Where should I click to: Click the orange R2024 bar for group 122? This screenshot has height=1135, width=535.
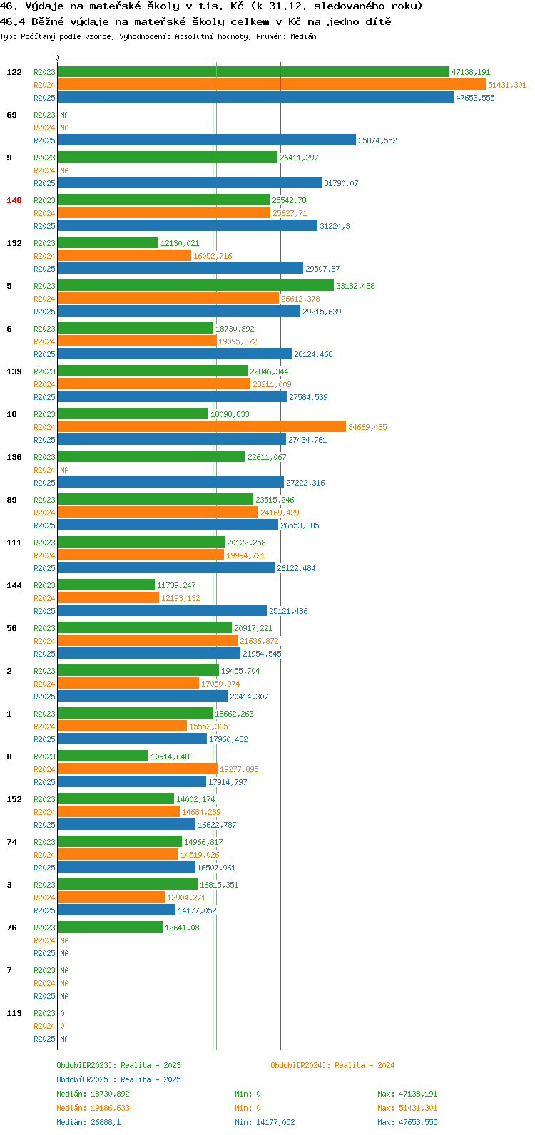(x=272, y=85)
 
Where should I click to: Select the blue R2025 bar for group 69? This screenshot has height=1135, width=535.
(x=207, y=140)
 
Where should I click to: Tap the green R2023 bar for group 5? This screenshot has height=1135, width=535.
(x=195, y=286)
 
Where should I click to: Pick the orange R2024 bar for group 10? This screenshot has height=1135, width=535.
(x=202, y=427)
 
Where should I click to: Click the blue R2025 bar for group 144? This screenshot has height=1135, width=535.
(x=162, y=611)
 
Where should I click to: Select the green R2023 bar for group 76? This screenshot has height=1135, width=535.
(x=111, y=928)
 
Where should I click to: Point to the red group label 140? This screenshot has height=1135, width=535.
(x=14, y=200)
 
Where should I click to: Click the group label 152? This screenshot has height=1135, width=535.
(x=14, y=800)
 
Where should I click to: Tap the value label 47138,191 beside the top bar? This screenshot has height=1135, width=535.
(x=471, y=72)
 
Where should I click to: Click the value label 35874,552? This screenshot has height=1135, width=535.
(x=378, y=140)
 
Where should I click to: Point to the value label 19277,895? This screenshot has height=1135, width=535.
(x=240, y=769)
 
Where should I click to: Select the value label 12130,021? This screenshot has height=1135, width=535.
(x=180, y=243)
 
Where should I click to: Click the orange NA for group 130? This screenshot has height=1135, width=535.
(x=64, y=471)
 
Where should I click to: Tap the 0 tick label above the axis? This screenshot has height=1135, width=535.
(x=57, y=58)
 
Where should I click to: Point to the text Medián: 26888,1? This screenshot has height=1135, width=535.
(x=88, y=1122)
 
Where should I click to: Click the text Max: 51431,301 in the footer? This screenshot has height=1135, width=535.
(x=408, y=1108)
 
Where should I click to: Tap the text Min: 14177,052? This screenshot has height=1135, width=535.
(x=265, y=1122)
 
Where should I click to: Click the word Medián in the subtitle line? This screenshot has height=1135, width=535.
(x=303, y=36)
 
